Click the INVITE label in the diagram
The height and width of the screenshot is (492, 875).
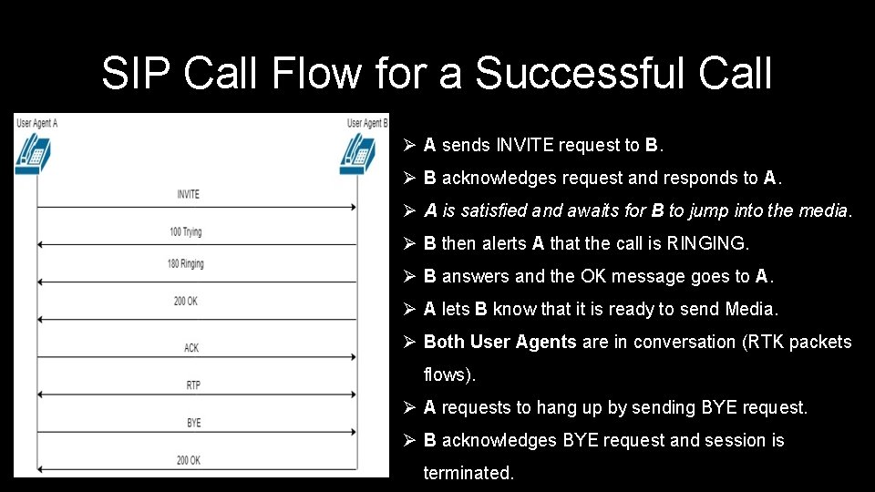click(189, 194)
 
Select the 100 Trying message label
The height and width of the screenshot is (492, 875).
click(185, 231)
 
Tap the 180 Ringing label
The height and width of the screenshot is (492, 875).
click(186, 264)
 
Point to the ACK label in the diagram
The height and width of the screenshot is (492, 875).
click(191, 348)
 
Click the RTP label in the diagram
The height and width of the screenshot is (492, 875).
click(193, 385)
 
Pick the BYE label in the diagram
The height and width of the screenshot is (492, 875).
click(193, 423)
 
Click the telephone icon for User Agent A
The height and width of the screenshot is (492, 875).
click(34, 152)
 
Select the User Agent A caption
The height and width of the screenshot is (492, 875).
click(37, 122)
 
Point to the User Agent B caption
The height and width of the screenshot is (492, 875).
click(367, 122)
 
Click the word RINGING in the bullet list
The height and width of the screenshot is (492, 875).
click(706, 243)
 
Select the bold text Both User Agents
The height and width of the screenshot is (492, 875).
click(499, 342)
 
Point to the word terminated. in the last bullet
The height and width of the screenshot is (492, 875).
click(468, 473)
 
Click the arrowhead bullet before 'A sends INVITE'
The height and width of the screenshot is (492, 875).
click(409, 145)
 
